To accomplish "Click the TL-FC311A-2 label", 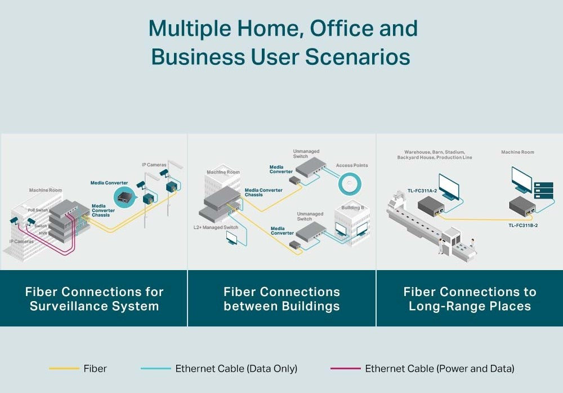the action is coord(422,191).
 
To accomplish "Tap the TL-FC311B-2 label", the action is coord(523,226).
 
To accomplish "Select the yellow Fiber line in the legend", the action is coord(64,369).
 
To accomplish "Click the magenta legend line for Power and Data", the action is coord(346,369).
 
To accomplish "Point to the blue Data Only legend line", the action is coord(156,369).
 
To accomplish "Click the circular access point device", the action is coord(350,184).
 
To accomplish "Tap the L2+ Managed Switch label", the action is coord(216,227).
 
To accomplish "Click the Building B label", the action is coord(352,207).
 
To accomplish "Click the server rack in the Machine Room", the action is coord(544,191).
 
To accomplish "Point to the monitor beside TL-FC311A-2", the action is coord(449,187).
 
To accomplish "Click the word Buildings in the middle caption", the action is coord(311,306).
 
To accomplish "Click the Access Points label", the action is coord(352,165).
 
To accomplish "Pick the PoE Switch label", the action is coord(38,210).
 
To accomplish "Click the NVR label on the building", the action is coord(43,233).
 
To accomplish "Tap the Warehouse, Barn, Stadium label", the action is coord(435,152).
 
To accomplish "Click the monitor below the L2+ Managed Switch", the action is coord(232,238).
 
